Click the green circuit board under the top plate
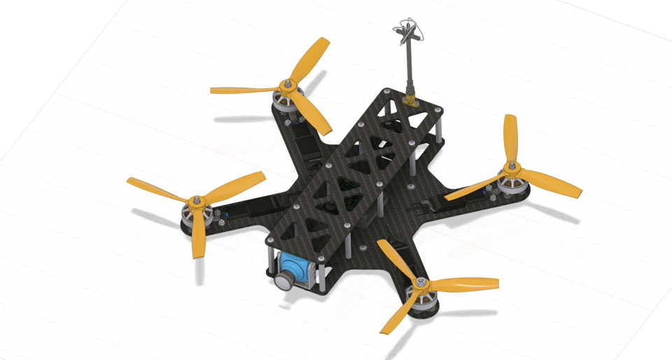pos(348,187)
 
